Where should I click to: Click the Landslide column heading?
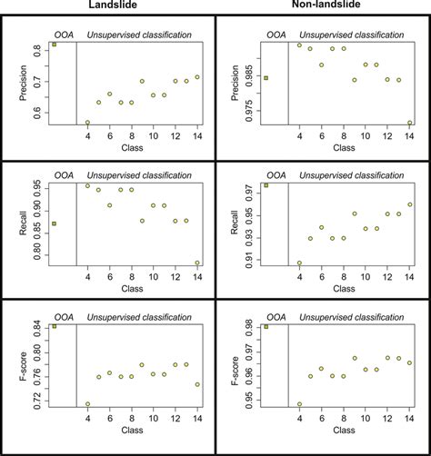(108, 5)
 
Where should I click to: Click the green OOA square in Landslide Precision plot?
(55, 44)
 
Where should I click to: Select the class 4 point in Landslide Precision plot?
(88, 123)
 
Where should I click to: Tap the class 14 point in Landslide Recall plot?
(197, 263)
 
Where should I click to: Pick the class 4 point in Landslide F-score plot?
(88, 404)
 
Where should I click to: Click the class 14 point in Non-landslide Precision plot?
(410, 123)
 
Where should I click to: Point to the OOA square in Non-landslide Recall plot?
(266, 184)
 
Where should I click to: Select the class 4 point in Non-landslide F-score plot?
(300, 404)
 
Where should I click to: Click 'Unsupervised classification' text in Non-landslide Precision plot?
(351, 35)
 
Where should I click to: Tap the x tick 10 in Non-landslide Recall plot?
(366, 278)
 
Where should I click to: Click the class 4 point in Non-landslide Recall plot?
(300, 263)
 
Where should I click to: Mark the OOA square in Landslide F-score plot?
(55, 325)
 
